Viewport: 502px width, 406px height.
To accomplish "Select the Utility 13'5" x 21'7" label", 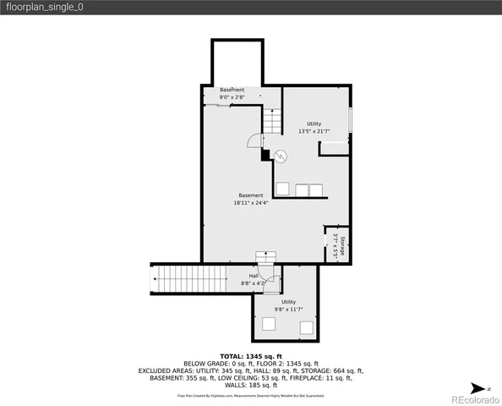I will point(314,128).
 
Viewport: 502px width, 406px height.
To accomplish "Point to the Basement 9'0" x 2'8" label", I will point(232,93).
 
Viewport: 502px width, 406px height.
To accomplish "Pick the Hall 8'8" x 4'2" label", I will point(254,278).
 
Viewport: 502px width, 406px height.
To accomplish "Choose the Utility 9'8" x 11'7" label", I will point(288,305).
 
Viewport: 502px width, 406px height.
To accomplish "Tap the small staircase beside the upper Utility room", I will point(271,121).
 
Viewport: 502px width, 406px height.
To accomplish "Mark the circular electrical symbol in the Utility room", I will point(282,155).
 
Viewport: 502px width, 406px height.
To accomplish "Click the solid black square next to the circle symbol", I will point(265,154).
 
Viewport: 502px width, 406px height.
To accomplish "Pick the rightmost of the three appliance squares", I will point(315,189).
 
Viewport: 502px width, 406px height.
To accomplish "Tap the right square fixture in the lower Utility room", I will point(306,326).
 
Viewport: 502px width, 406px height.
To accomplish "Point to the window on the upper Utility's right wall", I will point(350,121).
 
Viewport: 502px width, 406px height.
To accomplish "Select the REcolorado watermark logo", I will point(473,398).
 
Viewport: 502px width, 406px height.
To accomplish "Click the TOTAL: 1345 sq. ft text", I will point(251,356).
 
